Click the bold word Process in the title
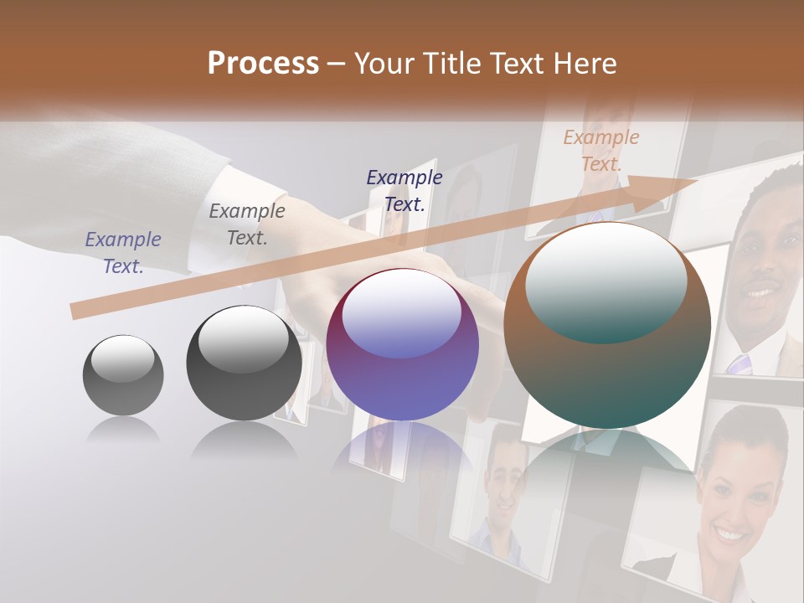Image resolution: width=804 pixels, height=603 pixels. click(x=263, y=64)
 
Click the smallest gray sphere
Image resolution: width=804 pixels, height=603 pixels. click(x=123, y=375)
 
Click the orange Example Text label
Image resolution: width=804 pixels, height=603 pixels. click(x=600, y=151)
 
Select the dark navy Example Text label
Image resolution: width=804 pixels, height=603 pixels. click(x=405, y=190)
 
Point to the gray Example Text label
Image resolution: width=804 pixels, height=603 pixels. click(x=247, y=224)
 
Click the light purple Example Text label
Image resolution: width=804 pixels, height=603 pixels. click(x=123, y=252)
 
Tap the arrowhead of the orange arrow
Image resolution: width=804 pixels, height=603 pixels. click(x=670, y=188)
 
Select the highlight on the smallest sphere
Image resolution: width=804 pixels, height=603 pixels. click(x=123, y=358)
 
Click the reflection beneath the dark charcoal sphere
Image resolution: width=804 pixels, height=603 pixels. click(x=244, y=440)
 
